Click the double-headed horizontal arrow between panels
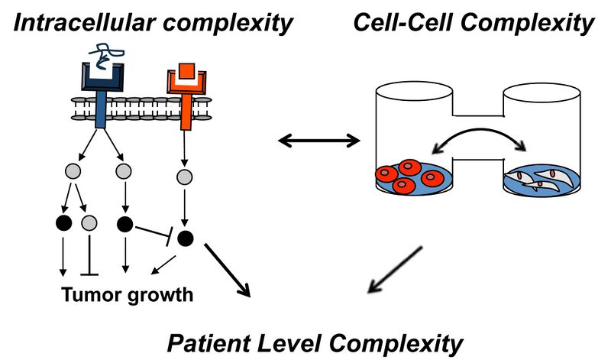pyautogui.click(x=318, y=140)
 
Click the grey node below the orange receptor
pyautogui.click(x=183, y=178)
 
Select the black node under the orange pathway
pyautogui.click(x=184, y=238)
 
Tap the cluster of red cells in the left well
pyautogui.click(x=409, y=176)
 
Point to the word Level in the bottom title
pyautogui.click(x=305, y=342)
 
